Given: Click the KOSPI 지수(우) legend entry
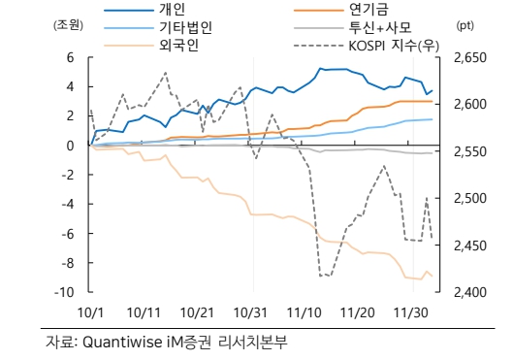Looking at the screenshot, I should point(388,46).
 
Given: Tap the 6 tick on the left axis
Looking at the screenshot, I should point(71,57).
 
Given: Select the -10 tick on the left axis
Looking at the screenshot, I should point(64,292).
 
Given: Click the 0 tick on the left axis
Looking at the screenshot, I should point(71,146).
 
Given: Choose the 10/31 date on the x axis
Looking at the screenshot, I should point(251,311).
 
